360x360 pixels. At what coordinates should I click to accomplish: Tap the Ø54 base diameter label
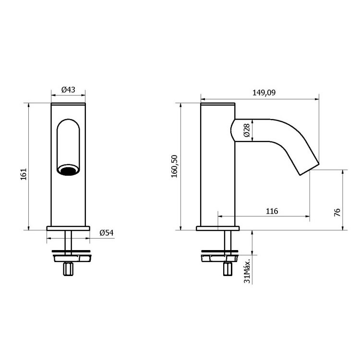106,233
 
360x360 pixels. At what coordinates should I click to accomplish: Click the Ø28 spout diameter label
246,130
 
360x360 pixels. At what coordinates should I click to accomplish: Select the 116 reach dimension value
271,211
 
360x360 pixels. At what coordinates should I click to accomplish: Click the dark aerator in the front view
68,170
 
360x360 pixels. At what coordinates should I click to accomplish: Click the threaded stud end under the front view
68,269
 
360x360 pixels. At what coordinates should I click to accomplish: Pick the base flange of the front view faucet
68,228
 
